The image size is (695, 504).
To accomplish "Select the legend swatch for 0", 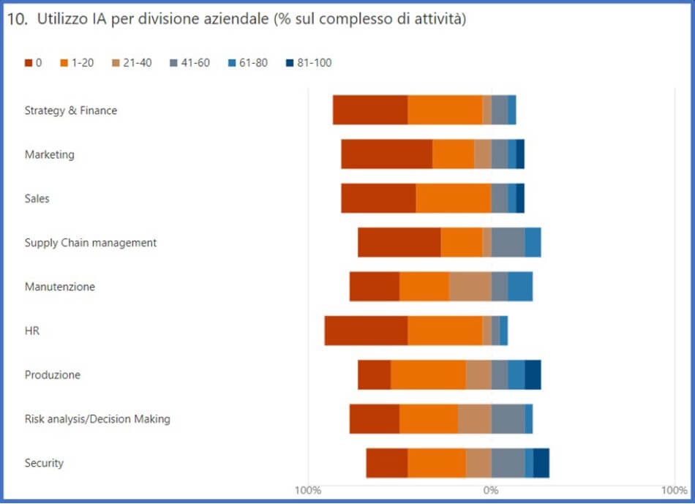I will (x=29, y=63).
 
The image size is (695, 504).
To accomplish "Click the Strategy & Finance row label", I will (x=71, y=110).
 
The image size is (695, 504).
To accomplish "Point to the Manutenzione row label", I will (x=60, y=287).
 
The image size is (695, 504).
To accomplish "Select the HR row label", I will (x=32, y=331).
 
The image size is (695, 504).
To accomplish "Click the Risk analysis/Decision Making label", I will (x=97, y=419).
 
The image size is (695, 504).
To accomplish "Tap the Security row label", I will (x=44, y=463).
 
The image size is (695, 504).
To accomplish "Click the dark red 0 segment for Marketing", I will (x=386, y=154).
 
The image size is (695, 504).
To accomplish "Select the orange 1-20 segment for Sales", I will (x=453, y=198).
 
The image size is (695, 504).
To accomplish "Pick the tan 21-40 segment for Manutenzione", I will (x=470, y=287).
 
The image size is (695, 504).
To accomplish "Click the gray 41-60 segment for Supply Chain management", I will (x=508, y=242).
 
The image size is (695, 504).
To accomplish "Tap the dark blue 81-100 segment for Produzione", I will (x=533, y=375).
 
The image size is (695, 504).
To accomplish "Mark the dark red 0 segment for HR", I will (x=366, y=331).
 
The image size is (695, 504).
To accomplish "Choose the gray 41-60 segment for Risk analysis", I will (x=508, y=419).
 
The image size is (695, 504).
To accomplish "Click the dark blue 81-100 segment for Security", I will (x=541, y=463).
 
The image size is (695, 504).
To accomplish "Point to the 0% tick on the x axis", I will (x=491, y=489).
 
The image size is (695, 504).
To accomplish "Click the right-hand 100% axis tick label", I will (x=674, y=489).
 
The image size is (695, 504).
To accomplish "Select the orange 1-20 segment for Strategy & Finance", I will (x=445, y=110).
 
